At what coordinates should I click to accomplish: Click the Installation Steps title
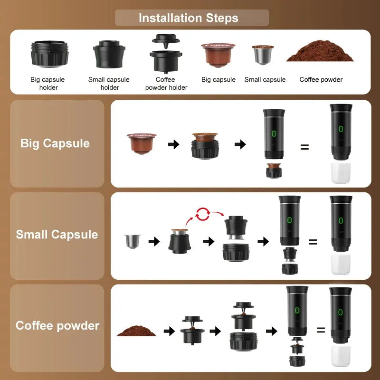189,18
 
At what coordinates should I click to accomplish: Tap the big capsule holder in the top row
49,54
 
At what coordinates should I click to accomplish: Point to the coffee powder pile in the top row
321,53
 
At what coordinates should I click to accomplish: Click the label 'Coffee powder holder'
166,84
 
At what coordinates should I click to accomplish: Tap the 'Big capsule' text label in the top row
218,80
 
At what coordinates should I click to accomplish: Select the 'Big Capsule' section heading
55,143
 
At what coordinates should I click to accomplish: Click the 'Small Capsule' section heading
57,235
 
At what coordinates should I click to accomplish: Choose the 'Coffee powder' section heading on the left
57,326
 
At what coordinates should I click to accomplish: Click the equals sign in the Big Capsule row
304,147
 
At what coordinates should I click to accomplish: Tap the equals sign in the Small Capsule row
313,242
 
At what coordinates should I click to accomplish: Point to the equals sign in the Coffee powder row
321,329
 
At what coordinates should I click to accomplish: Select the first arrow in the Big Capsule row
174,144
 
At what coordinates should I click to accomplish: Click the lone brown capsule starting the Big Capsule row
141,142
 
